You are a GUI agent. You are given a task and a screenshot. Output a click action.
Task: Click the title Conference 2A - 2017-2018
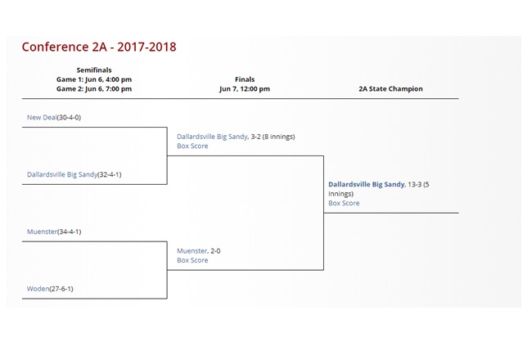(x=99, y=47)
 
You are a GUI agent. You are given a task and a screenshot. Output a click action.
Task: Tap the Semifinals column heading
(x=94, y=70)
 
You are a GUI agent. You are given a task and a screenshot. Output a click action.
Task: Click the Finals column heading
(x=245, y=79)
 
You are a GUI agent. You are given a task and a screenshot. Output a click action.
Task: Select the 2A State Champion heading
(x=390, y=88)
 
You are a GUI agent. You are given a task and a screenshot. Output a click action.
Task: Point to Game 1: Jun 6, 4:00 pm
(x=94, y=79)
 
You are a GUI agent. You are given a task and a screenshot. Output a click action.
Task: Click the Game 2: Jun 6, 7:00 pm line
(x=94, y=88)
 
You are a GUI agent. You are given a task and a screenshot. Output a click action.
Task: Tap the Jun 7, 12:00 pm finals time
(x=245, y=88)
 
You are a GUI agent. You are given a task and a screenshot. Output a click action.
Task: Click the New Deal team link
(x=42, y=118)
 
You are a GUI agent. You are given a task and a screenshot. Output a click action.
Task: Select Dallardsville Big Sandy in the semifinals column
(x=62, y=174)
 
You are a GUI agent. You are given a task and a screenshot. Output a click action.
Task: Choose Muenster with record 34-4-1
(x=42, y=232)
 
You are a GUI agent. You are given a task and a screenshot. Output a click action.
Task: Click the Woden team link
(x=38, y=289)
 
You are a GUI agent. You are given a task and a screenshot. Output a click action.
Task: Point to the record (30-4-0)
(x=69, y=118)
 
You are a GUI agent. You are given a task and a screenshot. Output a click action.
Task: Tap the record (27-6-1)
(x=61, y=289)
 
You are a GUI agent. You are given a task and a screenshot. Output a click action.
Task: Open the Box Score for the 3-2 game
(x=192, y=146)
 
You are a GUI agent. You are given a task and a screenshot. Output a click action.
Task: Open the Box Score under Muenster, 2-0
(x=192, y=260)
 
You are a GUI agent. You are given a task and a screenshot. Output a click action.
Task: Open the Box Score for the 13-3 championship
(x=344, y=203)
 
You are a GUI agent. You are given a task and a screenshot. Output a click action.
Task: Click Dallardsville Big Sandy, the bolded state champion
(x=366, y=185)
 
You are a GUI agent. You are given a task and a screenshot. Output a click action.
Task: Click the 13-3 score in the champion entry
(x=415, y=185)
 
